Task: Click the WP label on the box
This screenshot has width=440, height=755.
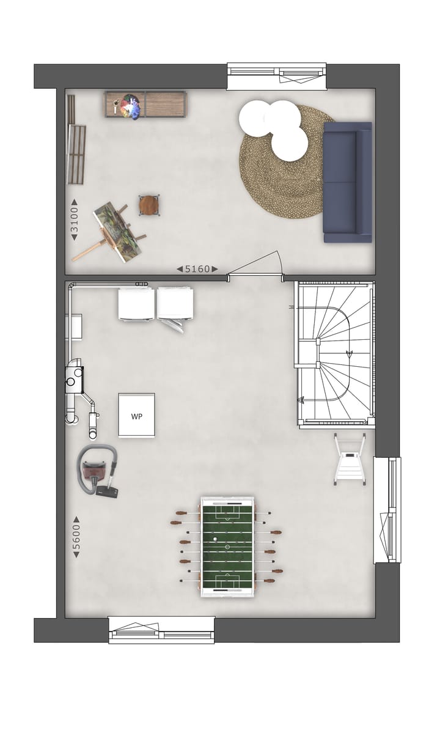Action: pos(136,416)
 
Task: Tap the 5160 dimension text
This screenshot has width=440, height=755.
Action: pos(197,269)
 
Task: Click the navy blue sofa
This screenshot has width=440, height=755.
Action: pos(347,182)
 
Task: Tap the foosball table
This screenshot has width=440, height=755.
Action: pos(227,546)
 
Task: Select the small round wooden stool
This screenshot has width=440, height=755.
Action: pos(148,205)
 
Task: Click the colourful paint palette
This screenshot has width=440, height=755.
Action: pos(128,106)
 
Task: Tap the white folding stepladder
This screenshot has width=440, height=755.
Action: pos(350,459)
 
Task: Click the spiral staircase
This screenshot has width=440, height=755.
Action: pos(335,353)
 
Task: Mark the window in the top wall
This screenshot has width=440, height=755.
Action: pos(276,76)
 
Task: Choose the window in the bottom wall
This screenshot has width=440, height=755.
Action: pos(162,630)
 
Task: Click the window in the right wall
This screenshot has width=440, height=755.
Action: pos(387,509)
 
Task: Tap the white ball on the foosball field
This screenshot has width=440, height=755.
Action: pos(215,539)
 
